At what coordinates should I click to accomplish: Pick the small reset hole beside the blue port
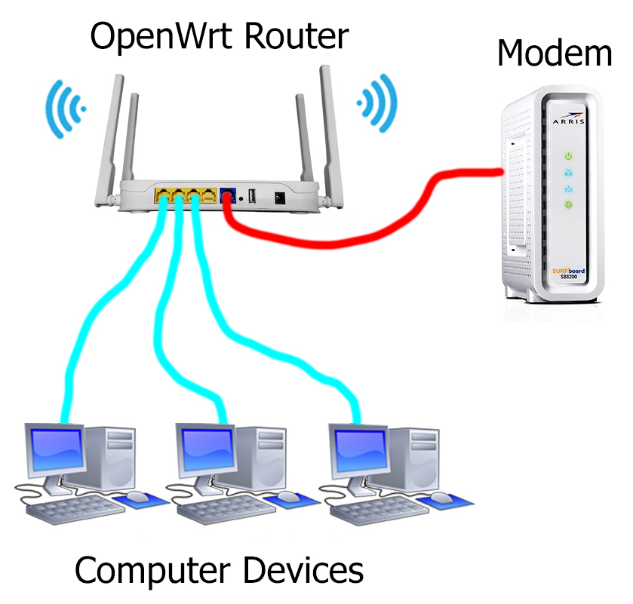[x=240, y=198]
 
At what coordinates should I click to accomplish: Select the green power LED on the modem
[x=569, y=156]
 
